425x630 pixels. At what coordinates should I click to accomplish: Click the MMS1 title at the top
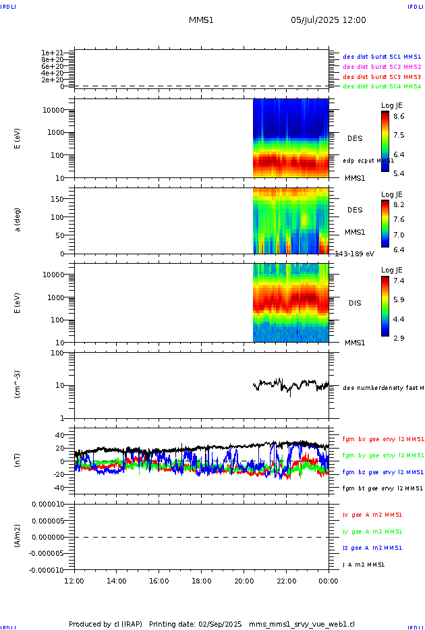[201, 20]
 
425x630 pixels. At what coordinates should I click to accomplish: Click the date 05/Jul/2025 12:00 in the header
[329, 20]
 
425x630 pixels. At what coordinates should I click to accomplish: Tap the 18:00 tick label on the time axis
[201, 581]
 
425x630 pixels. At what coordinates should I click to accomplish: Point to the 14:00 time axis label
[117, 581]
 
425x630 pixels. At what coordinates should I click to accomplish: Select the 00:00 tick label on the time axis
[329, 581]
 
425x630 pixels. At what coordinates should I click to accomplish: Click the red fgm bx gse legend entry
[382, 438]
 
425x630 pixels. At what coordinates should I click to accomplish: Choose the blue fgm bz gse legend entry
[382, 472]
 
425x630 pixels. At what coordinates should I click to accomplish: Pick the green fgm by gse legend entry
[382, 455]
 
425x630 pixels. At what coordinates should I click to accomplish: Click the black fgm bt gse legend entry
[382, 488]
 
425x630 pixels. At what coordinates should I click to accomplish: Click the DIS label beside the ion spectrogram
[355, 303]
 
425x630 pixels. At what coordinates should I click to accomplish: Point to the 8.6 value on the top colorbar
[399, 117]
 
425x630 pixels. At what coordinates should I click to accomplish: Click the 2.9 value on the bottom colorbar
[399, 337]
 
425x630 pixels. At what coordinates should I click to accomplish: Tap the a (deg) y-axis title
[18, 220]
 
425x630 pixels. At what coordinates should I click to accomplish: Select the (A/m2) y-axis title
[18, 536]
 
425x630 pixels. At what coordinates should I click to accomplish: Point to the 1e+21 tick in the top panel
[52, 52]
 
